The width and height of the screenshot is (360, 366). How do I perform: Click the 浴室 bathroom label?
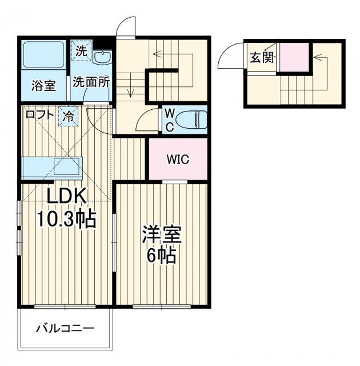pyautogui.click(x=43, y=86)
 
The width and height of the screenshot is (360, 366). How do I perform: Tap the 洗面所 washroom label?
pyautogui.click(x=90, y=82)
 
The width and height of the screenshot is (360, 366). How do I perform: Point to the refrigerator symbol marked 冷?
pyautogui.click(x=68, y=116)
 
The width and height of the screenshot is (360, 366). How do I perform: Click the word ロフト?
pyautogui.click(x=41, y=114)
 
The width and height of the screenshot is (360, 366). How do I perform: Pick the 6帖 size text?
pyautogui.click(x=161, y=255)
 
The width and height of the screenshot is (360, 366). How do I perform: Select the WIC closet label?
pyautogui.click(x=177, y=159)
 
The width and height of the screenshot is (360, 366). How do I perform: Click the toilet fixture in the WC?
pyautogui.click(x=191, y=120)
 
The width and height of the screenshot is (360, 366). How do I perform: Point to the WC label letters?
pyautogui.click(x=169, y=120)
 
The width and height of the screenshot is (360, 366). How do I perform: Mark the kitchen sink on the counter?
pyautogui.click(x=67, y=168)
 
